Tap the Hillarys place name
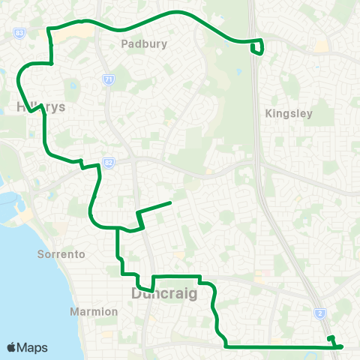point(41,107)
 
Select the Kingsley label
point(289,114)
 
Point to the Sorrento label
point(61,254)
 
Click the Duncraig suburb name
point(164,293)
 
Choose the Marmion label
point(94,311)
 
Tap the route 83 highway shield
point(19,34)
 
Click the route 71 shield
point(109,79)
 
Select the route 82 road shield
point(109,162)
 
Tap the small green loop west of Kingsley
point(259,47)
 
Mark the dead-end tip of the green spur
point(171,202)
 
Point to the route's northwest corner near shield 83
point(49,29)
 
